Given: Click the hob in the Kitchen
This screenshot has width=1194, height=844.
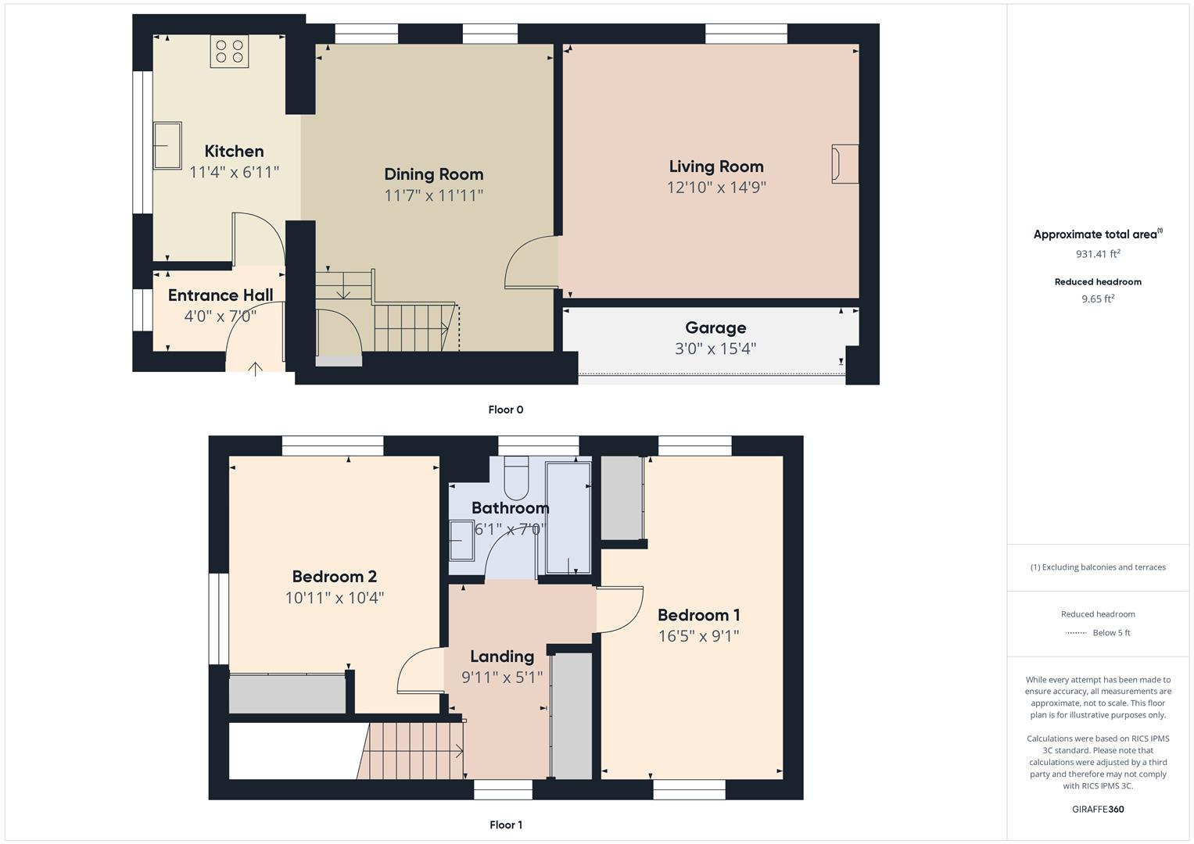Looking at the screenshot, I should tap(229, 52).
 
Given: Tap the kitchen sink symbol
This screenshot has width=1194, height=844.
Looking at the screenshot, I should tap(167, 145).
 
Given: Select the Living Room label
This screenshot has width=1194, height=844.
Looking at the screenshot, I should tap(715, 166).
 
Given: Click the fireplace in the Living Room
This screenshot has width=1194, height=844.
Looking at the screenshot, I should tap(845, 164).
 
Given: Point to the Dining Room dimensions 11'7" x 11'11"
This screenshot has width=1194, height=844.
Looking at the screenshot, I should tap(433, 195).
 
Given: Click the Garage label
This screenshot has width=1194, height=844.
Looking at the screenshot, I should tap(715, 328).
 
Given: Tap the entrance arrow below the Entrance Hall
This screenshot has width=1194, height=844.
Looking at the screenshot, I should tap(255, 368).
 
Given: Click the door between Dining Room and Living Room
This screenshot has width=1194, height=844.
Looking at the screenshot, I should tap(532, 263).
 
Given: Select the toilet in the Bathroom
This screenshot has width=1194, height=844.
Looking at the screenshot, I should tap(517, 478).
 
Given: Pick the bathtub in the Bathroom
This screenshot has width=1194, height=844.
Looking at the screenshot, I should tap(568, 518).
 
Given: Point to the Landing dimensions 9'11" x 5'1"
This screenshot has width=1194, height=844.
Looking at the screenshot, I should tap(501, 678).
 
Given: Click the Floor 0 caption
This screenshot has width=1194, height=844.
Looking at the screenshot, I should tap(505, 409).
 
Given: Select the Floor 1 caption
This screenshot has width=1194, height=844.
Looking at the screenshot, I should tap(505, 824).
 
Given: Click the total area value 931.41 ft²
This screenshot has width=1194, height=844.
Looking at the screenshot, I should tap(1097, 254).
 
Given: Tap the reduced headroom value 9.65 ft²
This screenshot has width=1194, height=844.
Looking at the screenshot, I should tap(1097, 299).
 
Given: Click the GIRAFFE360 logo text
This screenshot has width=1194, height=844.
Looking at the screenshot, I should tap(1097, 809).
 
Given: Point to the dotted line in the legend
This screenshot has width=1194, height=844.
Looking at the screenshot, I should tap(1076, 633).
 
